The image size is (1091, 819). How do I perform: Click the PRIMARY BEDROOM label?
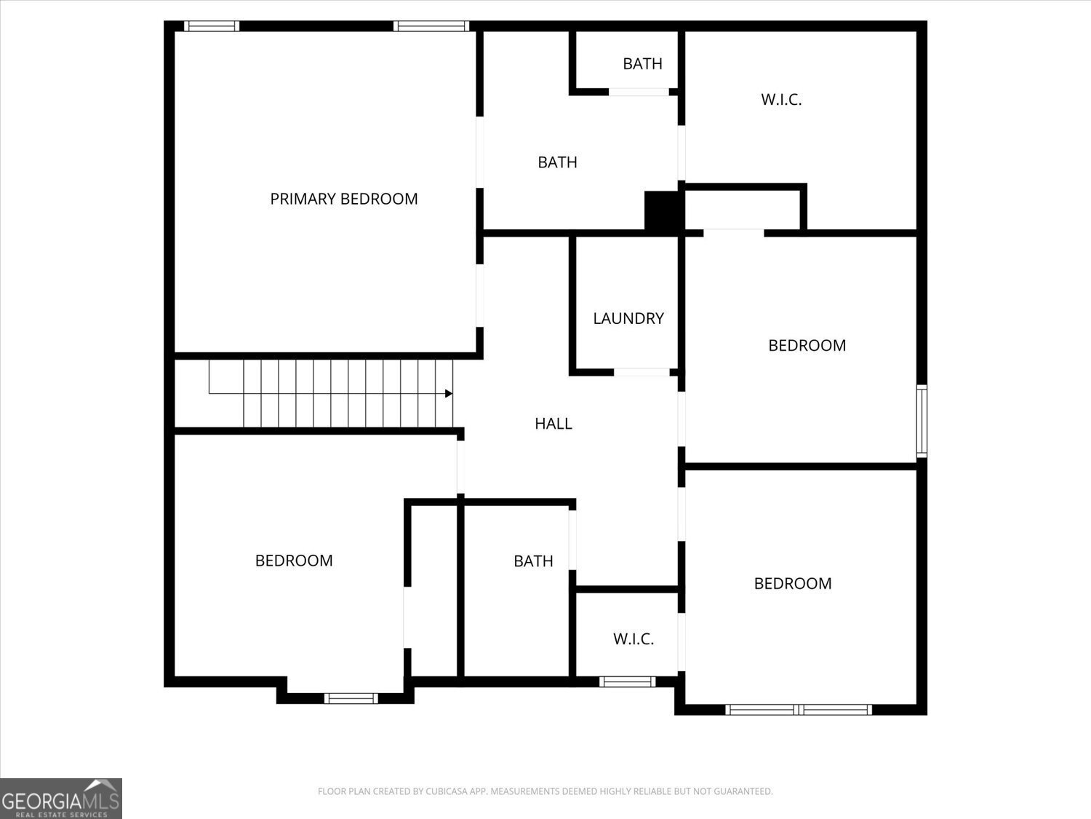pyautogui.click(x=344, y=199)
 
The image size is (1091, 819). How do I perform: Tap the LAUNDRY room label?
pyautogui.click(x=628, y=318)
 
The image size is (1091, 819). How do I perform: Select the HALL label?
pyautogui.click(x=554, y=423)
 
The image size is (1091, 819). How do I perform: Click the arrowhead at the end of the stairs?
pyautogui.click(x=449, y=394)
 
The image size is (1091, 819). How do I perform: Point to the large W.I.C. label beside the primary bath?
pyautogui.click(x=781, y=100)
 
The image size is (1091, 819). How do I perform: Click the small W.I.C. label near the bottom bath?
pyautogui.click(x=634, y=639)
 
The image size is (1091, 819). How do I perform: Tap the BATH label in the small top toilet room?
pyautogui.click(x=642, y=64)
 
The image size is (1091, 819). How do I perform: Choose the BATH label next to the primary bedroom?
pyautogui.click(x=557, y=162)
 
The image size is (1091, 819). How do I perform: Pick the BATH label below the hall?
pyautogui.click(x=533, y=561)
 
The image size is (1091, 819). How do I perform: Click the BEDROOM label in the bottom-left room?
pyautogui.click(x=294, y=561)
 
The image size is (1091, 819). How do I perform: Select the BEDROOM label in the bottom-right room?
pyautogui.click(x=793, y=583)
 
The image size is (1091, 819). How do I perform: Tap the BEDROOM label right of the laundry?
pyautogui.click(x=807, y=345)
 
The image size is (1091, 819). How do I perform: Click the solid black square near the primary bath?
pyautogui.click(x=663, y=210)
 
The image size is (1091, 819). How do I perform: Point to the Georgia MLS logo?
pyautogui.click(x=60, y=798)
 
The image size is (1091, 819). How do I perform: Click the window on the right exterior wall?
pyautogui.click(x=922, y=421)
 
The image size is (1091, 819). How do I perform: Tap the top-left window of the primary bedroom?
pyautogui.click(x=212, y=26)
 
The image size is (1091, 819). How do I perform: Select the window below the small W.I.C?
pyautogui.click(x=627, y=682)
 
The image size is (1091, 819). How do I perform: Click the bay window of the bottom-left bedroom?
pyautogui.click(x=351, y=698)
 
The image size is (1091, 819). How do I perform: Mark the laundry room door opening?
pyautogui.click(x=642, y=373)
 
